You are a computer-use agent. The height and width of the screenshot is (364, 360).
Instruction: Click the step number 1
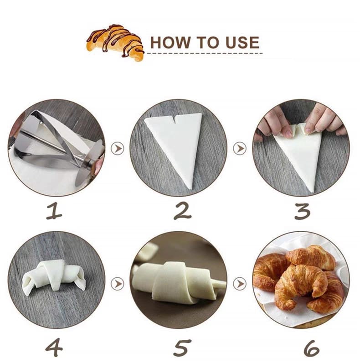[55, 212]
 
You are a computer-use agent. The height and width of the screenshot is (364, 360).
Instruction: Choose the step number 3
[302, 212]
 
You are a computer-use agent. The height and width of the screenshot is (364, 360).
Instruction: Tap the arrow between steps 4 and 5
[118, 284]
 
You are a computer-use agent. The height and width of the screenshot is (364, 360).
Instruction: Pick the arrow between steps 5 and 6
[240, 284]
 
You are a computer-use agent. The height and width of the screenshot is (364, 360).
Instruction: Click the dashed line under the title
[205, 53]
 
